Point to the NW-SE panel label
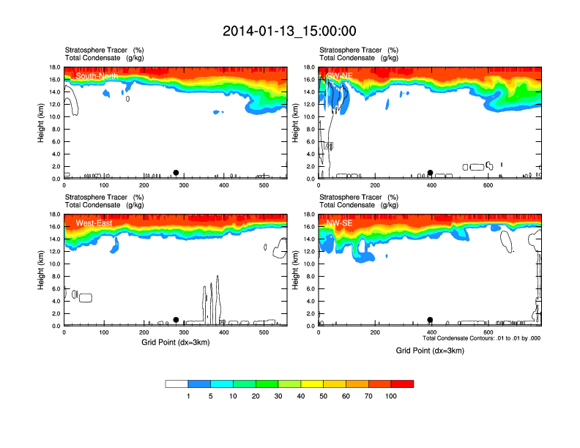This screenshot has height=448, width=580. [x=340, y=223]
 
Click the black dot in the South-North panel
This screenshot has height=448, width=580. [x=176, y=173]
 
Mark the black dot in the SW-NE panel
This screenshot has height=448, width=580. [x=431, y=173]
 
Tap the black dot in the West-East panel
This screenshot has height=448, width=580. [x=176, y=320]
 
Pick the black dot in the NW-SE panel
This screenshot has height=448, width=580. [x=430, y=320]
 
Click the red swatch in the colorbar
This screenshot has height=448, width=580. [x=402, y=384]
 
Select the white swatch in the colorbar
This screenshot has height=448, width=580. [x=176, y=384]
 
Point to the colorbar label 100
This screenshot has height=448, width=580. [x=391, y=396]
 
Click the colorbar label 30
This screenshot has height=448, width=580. [x=278, y=396]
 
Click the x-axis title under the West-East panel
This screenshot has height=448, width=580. [x=175, y=342]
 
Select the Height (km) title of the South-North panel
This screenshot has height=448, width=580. [x=41, y=123]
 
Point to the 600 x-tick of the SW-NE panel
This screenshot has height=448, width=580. [x=487, y=185]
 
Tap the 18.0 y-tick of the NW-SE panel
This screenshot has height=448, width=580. [x=309, y=214]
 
